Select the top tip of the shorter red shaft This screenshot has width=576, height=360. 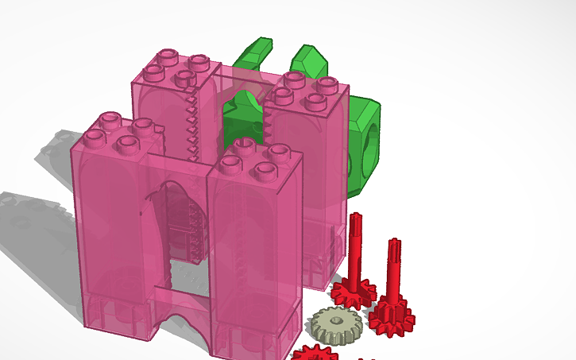393,241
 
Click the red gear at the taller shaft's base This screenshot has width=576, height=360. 354,292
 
